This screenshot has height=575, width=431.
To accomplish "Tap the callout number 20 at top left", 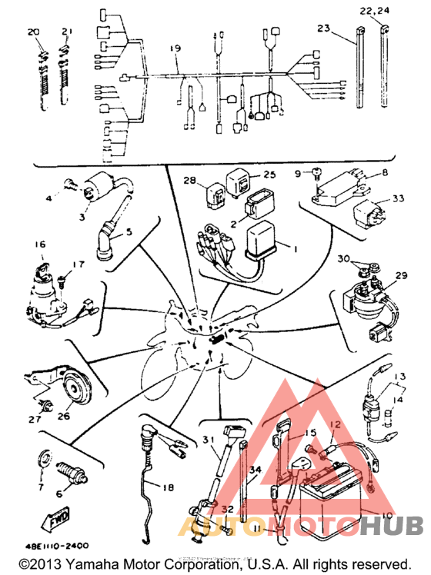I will pos(32,32).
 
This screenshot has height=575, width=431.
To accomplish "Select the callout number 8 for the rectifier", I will pos(385,173).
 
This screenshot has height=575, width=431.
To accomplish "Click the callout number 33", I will pos(397,198).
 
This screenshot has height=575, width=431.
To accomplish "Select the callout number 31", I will pos(208,438).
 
